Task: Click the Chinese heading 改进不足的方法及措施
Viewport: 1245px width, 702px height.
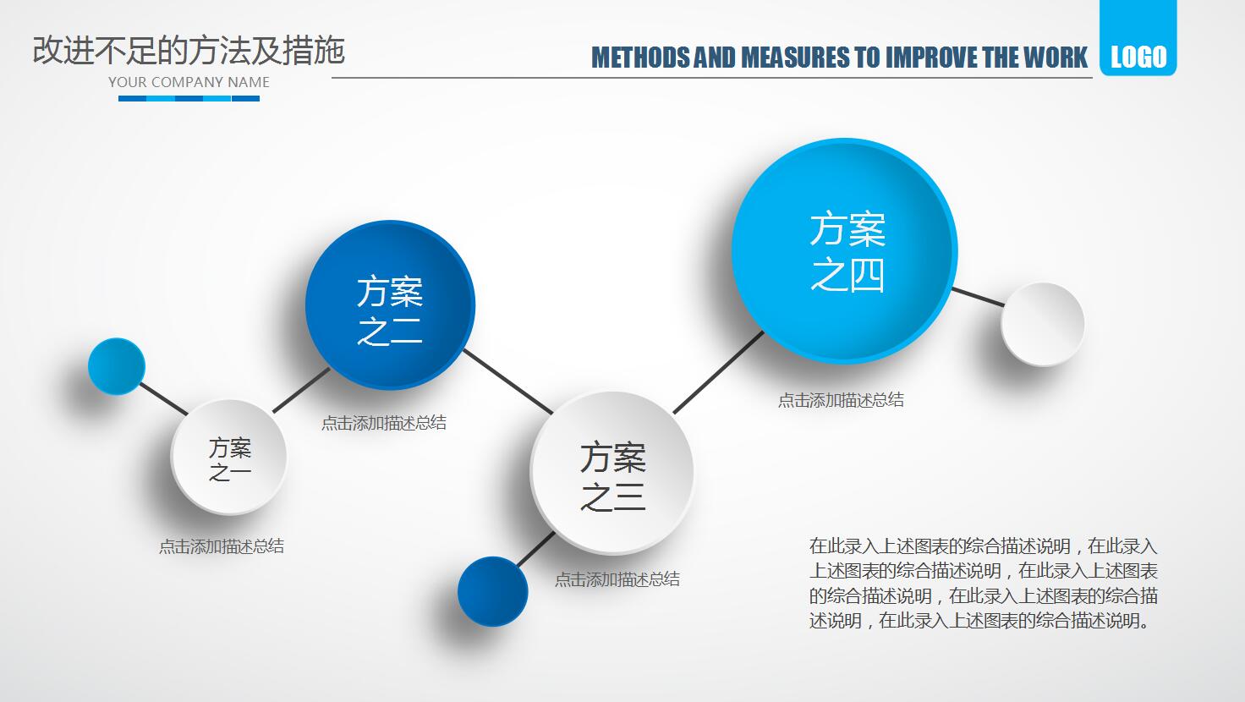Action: (x=189, y=51)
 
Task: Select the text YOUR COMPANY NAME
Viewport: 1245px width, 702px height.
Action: (x=189, y=82)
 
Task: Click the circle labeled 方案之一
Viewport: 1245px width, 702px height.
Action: (x=229, y=458)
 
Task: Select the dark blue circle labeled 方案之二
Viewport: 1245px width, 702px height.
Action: (x=389, y=306)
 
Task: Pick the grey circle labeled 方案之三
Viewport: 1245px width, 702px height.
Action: (x=612, y=474)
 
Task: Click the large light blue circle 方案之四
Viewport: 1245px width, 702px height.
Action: (x=845, y=251)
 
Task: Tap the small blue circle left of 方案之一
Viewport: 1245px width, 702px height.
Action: (x=117, y=366)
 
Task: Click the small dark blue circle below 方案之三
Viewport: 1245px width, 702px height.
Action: (x=492, y=592)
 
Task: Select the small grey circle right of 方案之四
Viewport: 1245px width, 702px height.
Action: (x=1043, y=324)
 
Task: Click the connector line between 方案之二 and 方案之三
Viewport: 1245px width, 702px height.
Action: (x=507, y=382)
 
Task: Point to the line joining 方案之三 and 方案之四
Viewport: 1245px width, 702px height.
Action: (x=719, y=372)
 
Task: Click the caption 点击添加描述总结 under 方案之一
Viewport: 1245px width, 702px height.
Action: (x=222, y=546)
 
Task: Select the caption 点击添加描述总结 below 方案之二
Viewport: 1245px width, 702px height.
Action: (x=383, y=423)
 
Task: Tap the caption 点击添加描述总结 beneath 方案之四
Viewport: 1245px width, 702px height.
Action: (x=841, y=400)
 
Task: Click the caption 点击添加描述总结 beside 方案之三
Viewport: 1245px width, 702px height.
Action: (x=617, y=579)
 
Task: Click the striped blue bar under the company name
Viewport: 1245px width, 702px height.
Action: (x=189, y=99)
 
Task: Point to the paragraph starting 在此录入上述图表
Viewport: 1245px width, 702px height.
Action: (x=983, y=583)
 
